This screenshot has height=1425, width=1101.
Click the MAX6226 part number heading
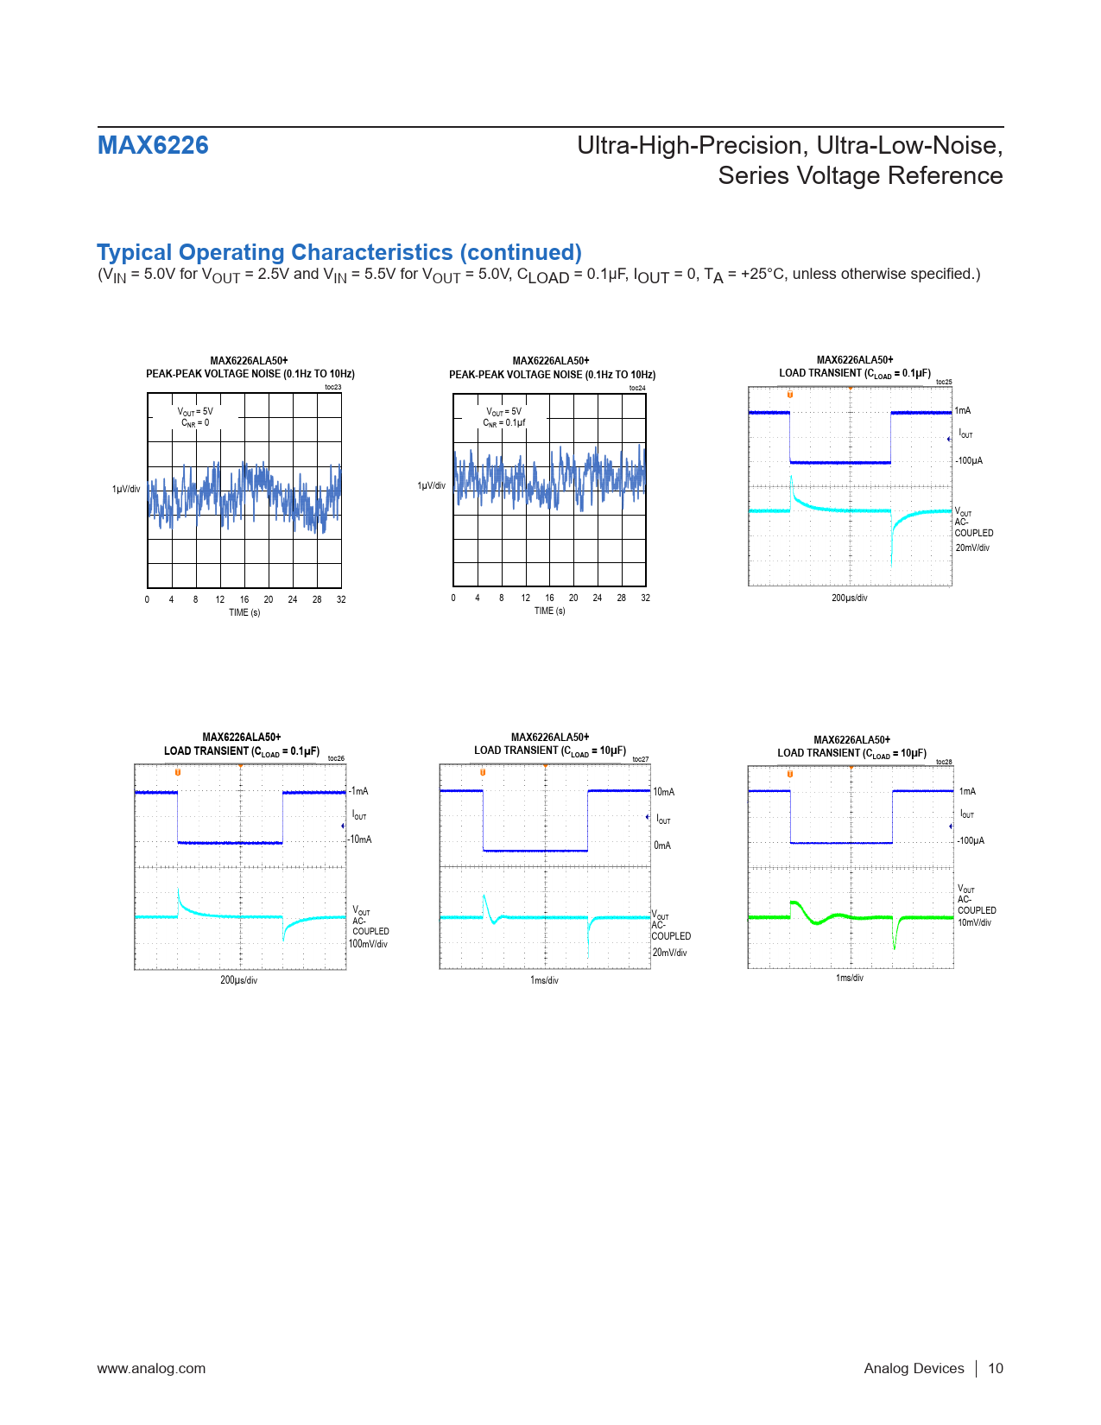[x=153, y=145]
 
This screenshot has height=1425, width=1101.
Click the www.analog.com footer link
[x=151, y=1368]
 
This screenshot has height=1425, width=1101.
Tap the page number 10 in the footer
[x=996, y=1368]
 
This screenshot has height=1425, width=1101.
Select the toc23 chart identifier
[x=332, y=387]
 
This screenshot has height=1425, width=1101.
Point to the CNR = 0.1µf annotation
[x=504, y=423]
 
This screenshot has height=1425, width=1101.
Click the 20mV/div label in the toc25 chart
[x=972, y=548]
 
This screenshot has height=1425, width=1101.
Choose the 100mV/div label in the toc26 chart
[x=369, y=944]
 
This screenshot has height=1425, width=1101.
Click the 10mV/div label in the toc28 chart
[x=974, y=922]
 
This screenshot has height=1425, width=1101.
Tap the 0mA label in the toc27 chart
[x=662, y=845]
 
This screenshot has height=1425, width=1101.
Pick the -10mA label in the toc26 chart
[x=360, y=839]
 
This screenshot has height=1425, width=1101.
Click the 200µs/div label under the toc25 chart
[x=850, y=598]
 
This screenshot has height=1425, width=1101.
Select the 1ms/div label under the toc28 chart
[x=850, y=978]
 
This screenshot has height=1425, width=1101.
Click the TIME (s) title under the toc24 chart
[x=550, y=611]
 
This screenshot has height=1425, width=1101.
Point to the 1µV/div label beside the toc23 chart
[x=126, y=489]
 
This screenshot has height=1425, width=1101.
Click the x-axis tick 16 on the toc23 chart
[x=244, y=599]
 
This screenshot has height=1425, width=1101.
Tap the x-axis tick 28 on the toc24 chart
[x=622, y=598]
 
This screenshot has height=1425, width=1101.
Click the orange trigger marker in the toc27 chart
[x=483, y=772]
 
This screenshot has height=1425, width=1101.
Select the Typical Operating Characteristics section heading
[x=339, y=252]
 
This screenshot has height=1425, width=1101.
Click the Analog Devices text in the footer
[x=914, y=1368]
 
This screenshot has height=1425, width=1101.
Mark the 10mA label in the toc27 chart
[x=664, y=792]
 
